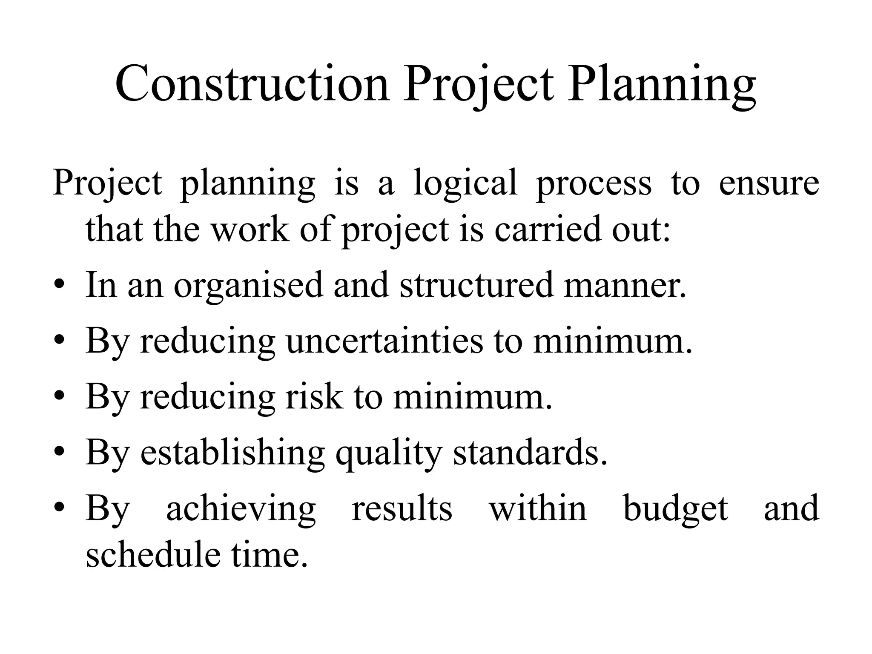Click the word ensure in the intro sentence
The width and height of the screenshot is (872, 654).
[x=769, y=183]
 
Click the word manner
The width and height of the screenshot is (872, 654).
[x=625, y=285]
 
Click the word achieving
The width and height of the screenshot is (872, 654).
[x=241, y=509]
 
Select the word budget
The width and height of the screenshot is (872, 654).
[x=676, y=509]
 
